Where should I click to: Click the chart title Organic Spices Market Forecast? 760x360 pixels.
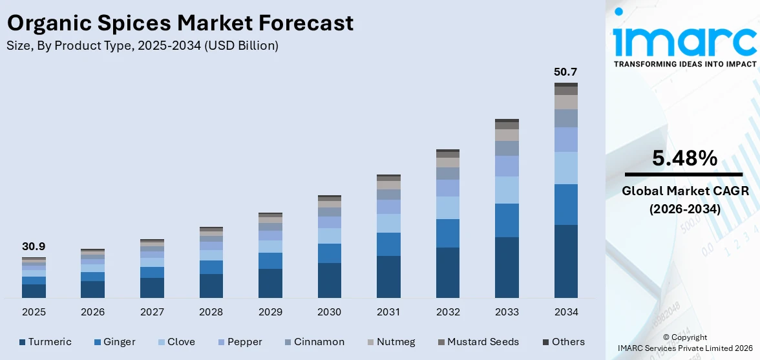click(x=180, y=23)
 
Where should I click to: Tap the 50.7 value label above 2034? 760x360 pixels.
click(x=565, y=72)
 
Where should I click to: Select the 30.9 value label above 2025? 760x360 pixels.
click(x=34, y=246)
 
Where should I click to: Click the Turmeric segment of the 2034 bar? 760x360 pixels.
click(x=565, y=261)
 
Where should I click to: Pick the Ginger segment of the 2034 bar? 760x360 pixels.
click(x=565, y=204)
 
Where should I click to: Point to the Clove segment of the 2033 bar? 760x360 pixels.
click(x=507, y=190)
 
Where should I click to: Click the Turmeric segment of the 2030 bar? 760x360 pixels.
click(x=329, y=280)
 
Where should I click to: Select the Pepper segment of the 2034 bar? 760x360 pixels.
click(x=565, y=140)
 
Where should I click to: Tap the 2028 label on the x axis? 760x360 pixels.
click(x=211, y=312)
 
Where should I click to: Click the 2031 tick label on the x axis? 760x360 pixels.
click(x=388, y=312)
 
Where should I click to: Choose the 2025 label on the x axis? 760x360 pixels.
click(x=34, y=312)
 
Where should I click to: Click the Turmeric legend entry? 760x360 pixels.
click(x=45, y=342)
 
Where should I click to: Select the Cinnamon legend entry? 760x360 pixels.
click(x=314, y=342)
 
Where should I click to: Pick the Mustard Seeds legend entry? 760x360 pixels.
click(x=478, y=342)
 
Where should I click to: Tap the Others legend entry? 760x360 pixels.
click(x=563, y=342)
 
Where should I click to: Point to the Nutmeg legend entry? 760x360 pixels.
click(x=391, y=342)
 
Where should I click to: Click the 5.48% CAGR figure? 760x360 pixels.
click(x=684, y=158)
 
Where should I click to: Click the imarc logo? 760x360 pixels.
click(x=684, y=39)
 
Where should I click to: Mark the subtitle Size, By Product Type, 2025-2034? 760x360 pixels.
click(x=142, y=46)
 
